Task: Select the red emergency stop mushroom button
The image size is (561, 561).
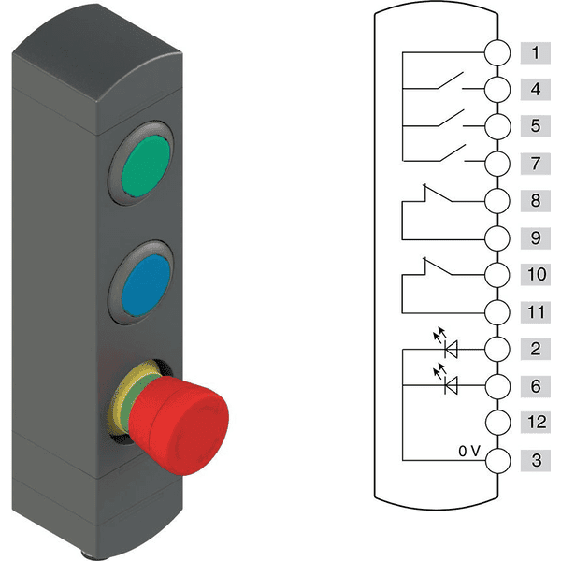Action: tap(179, 425)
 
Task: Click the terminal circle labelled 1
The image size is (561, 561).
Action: tap(497, 52)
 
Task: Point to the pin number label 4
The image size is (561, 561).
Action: tap(535, 89)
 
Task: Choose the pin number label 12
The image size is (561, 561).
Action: tap(535, 423)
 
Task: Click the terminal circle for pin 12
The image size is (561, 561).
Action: tap(497, 423)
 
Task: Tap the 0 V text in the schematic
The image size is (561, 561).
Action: tap(469, 452)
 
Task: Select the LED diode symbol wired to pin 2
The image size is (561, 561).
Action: tap(451, 349)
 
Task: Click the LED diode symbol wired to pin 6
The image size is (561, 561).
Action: tap(451, 385)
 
